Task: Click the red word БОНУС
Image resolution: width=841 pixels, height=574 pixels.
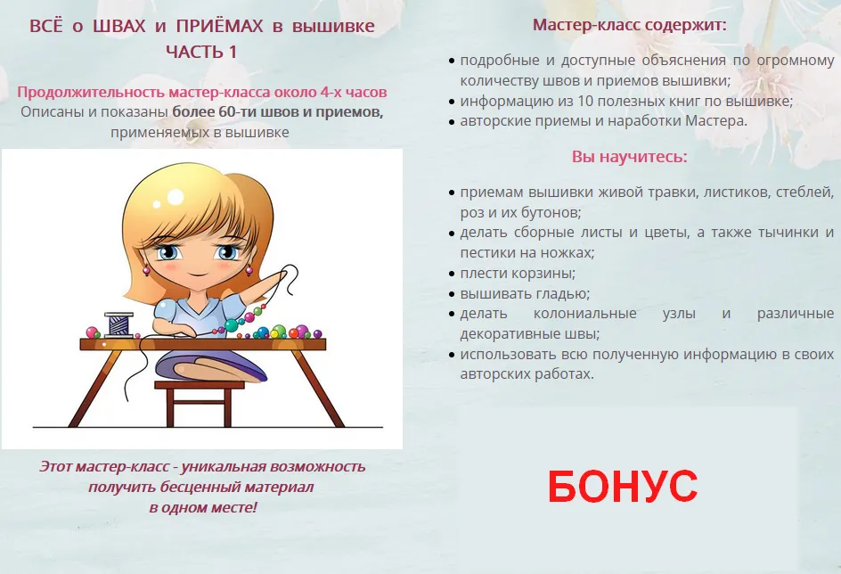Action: (623, 486)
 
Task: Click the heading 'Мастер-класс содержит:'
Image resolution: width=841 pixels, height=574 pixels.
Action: (630, 25)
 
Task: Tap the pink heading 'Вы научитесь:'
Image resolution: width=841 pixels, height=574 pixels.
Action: (630, 157)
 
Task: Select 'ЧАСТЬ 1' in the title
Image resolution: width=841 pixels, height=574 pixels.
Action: (201, 52)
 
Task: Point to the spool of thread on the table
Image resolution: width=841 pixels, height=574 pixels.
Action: (119, 324)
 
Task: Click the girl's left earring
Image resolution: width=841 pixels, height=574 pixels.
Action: (146, 270)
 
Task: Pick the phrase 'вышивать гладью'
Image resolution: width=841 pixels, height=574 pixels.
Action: (524, 294)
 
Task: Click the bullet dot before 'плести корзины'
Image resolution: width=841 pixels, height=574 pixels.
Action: (452, 275)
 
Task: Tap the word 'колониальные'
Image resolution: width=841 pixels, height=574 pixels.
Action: (584, 313)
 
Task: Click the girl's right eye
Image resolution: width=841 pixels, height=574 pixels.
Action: (167, 252)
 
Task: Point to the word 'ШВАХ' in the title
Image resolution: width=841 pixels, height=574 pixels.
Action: (119, 26)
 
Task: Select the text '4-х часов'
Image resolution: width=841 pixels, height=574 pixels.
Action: (354, 93)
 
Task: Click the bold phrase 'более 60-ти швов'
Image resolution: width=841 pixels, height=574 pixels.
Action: (242, 112)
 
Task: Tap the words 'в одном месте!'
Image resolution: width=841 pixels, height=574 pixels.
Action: (203, 507)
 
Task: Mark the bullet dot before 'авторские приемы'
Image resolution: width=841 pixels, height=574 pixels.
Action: (452, 122)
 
